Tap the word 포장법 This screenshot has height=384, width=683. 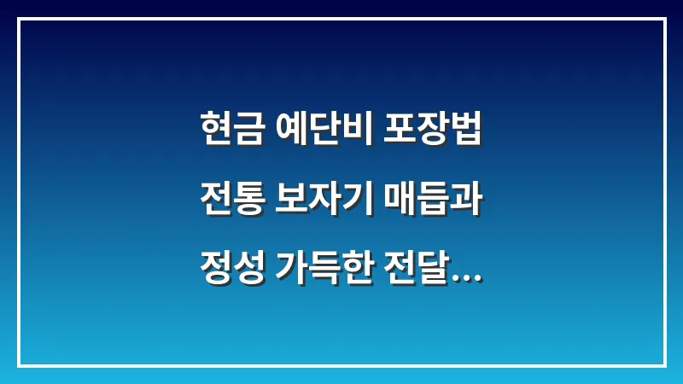(x=436, y=131)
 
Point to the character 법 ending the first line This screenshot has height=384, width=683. (x=466, y=131)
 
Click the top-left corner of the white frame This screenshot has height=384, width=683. (x=19, y=19)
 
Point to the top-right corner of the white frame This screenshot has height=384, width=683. (x=664, y=19)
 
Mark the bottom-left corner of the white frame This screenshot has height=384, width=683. (x=19, y=365)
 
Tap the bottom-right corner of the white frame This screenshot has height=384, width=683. (x=664, y=365)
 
